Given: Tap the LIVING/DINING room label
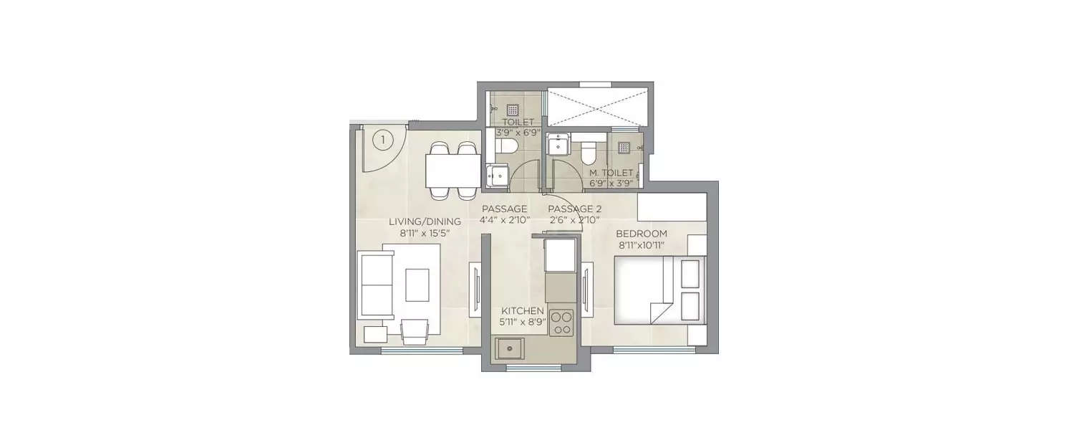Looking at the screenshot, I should [x=425, y=221].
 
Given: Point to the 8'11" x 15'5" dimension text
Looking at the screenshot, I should [x=425, y=233].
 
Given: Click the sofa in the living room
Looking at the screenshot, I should [x=375, y=285].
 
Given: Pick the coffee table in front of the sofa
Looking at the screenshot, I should [x=417, y=285].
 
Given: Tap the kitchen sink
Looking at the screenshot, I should [x=511, y=349].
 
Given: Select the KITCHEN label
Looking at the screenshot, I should [x=523, y=310].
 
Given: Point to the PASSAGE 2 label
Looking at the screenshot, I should [x=574, y=209].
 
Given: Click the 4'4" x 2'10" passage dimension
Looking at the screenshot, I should [x=504, y=220].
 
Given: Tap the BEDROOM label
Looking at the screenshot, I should [x=642, y=234].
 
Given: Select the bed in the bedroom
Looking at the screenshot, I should [x=659, y=290].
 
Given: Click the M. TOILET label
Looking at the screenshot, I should [x=611, y=173].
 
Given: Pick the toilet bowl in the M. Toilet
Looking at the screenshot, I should [x=589, y=153].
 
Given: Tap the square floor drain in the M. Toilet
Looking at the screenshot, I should [x=624, y=147].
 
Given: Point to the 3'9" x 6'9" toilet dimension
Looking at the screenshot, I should [x=518, y=132].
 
